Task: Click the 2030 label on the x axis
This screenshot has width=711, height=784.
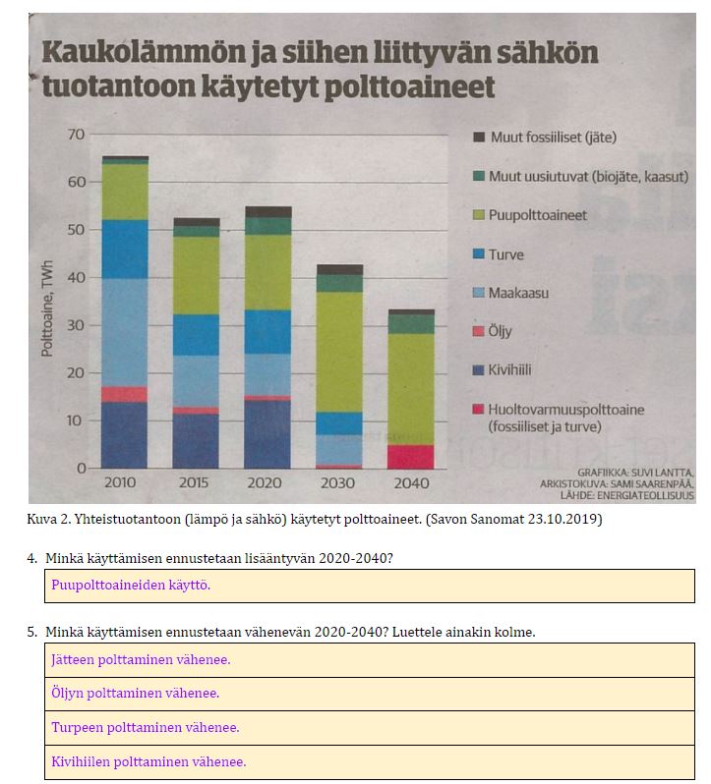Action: [x=339, y=483]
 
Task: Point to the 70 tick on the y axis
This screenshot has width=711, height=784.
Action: [x=75, y=134]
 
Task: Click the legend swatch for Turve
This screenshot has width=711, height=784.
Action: [x=479, y=253]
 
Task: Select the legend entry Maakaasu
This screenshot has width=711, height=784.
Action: [x=518, y=293]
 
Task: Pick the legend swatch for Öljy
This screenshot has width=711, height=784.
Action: [x=479, y=331]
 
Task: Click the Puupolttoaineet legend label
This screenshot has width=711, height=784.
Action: [x=538, y=214]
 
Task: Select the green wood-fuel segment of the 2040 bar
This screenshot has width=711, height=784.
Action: [x=410, y=388]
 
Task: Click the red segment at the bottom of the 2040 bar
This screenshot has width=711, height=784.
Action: [x=410, y=457]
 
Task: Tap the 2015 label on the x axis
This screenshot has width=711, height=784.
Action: [x=196, y=483]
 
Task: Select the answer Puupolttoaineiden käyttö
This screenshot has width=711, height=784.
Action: [x=131, y=585]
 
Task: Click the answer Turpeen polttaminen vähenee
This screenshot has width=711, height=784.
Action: [x=146, y=727]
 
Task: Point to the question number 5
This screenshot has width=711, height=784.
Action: [x=32, y=632]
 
